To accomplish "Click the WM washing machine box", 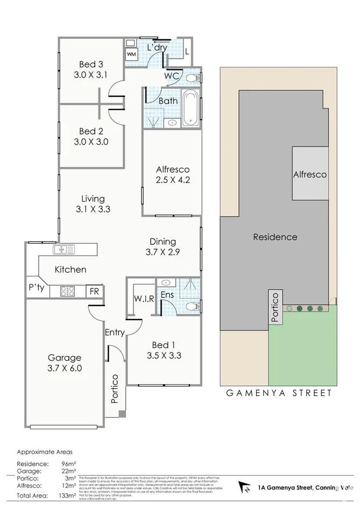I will point(131,54).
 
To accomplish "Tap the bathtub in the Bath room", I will point(190,109).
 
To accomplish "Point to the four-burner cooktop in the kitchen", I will point(67,291).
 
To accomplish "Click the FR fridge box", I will point(95,291).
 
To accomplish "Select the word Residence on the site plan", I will point(276,237).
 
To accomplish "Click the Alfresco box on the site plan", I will point(309,174).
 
